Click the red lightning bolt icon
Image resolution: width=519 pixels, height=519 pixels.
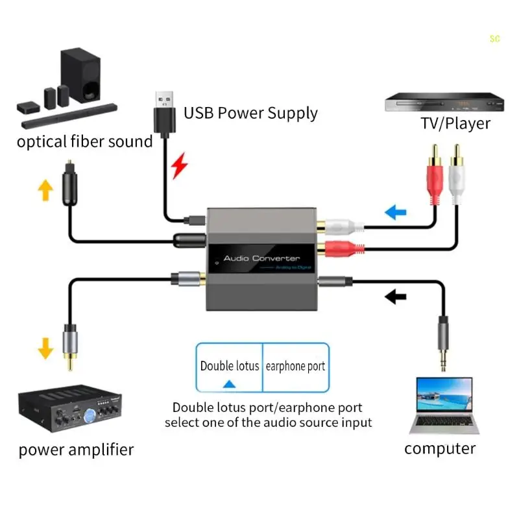click(180, 166)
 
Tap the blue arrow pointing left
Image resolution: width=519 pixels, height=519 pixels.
click(395, 212)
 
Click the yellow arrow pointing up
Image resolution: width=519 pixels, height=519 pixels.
click(45, 189)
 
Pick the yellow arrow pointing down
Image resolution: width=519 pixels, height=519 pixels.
click(45, 348)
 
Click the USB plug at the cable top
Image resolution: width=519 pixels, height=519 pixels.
click(165, 110)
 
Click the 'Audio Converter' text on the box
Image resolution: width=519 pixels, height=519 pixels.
click(261, 258)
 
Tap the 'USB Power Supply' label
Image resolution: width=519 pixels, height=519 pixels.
click(250, 114)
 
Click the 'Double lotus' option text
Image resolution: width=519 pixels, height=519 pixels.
click(230, 366)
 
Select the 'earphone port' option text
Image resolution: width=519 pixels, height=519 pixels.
click(295, 366)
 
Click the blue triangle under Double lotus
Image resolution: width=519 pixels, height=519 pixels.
click(228, 384)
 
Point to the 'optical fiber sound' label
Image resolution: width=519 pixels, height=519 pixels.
click(84, 141)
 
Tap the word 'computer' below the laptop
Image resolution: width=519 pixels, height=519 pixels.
click(439, 448)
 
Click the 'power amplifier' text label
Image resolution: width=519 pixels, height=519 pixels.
click(76, 450)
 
